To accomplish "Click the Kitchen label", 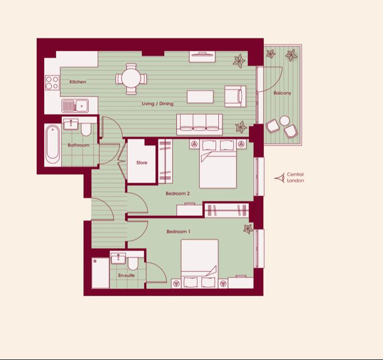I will (x=78, y=82).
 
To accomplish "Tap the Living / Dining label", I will (x=157, y=104).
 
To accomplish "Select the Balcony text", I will (x=282, y=93).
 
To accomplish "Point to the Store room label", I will (x=142, y=163).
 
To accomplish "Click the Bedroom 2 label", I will (x=177, y=193).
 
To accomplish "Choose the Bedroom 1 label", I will (x=178, y=232).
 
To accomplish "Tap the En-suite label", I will (x=126, y=275).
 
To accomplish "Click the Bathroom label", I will (x=78, y=145).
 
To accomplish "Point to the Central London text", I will (x=295, y=178).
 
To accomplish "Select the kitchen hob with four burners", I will (x=52, y=82).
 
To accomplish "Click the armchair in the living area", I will (x=235, y=96).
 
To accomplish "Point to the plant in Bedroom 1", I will (x=248, y=228).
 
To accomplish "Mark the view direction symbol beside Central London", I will (x=280, y=178).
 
